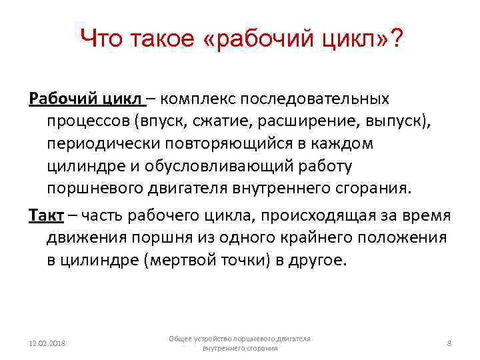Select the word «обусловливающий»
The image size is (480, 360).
coord(237,166)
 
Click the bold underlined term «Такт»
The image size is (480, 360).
coord(46,216)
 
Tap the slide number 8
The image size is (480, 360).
coord(449,343)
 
